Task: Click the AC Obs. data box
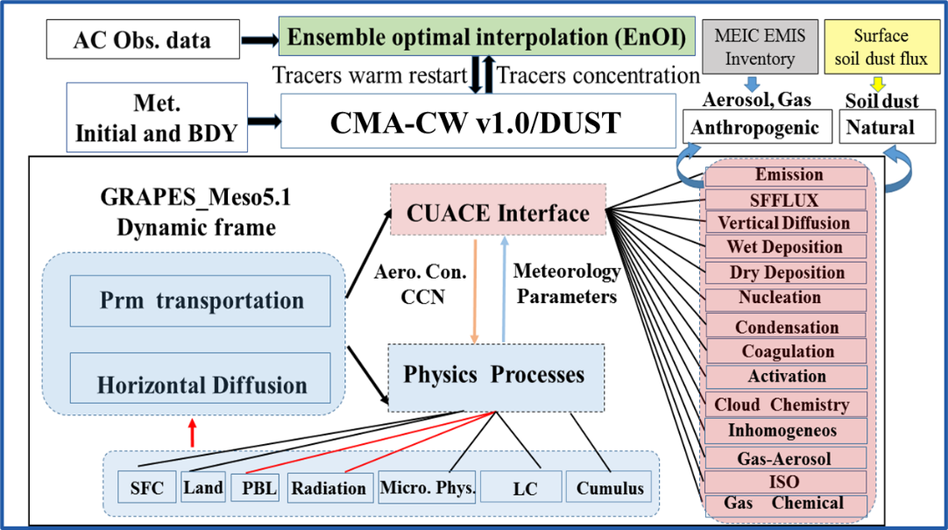coord(142,40)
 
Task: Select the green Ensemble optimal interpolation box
coord(486,38)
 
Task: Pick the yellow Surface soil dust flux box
coord(881,47)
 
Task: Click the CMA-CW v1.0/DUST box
coord(478,121)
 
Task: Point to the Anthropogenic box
coord(754,128)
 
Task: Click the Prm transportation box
coord(202,300)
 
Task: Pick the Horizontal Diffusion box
coord(202,385)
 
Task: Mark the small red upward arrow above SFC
coord(191,431)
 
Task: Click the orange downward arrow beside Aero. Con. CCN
coord(474,289)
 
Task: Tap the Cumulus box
coord(610,488)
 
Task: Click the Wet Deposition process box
coord(785,247)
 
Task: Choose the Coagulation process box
coord(787,351)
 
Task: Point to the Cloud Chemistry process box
coord(782,405)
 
